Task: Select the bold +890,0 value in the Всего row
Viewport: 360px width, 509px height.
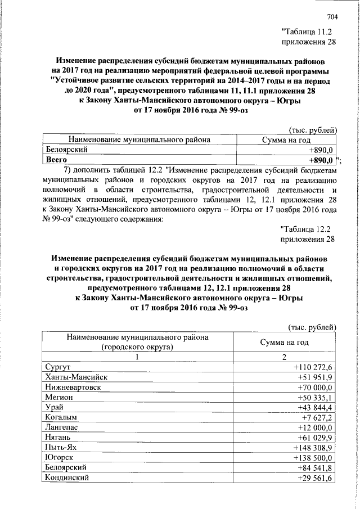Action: [x=322, y=160]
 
